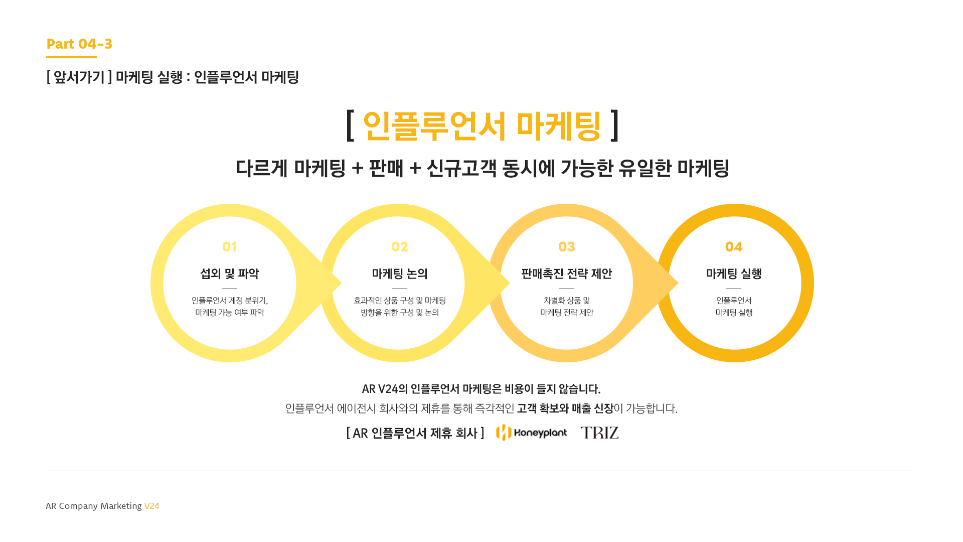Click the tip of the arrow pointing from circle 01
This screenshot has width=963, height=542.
click(x=342, y=284)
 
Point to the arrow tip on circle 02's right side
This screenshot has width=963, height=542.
click(x=510, y=284)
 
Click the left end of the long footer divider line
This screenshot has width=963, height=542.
click(x=46, y=471)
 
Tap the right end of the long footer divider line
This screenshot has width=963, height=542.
click(x=911, y=471)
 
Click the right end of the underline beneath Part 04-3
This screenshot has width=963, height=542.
click(x=97, y=57)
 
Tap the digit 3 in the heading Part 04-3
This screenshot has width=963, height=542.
click(x=108, y=44)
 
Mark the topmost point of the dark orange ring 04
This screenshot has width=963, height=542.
click(x=735, y=204)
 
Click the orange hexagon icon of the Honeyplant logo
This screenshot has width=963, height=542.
click(x=504, y=433)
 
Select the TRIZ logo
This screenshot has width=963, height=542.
click(x=600, y=433)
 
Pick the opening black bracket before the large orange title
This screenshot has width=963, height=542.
click(x=350, y=125)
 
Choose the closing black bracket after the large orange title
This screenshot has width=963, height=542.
click(x=615, y=125)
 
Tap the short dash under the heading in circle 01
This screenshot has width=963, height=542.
click(x=230, y=288)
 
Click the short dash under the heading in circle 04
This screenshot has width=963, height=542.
click(x=734, y=288)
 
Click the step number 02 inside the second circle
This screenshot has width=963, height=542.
click(x=400, y=247)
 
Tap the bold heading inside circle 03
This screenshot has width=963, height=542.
click(x=567, y=274)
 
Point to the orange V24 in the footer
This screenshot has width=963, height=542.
click(x=152, y=506)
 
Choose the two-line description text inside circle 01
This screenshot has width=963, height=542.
click(x=230, y=307)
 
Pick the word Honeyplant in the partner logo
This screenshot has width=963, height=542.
click(x=541, y=433)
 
